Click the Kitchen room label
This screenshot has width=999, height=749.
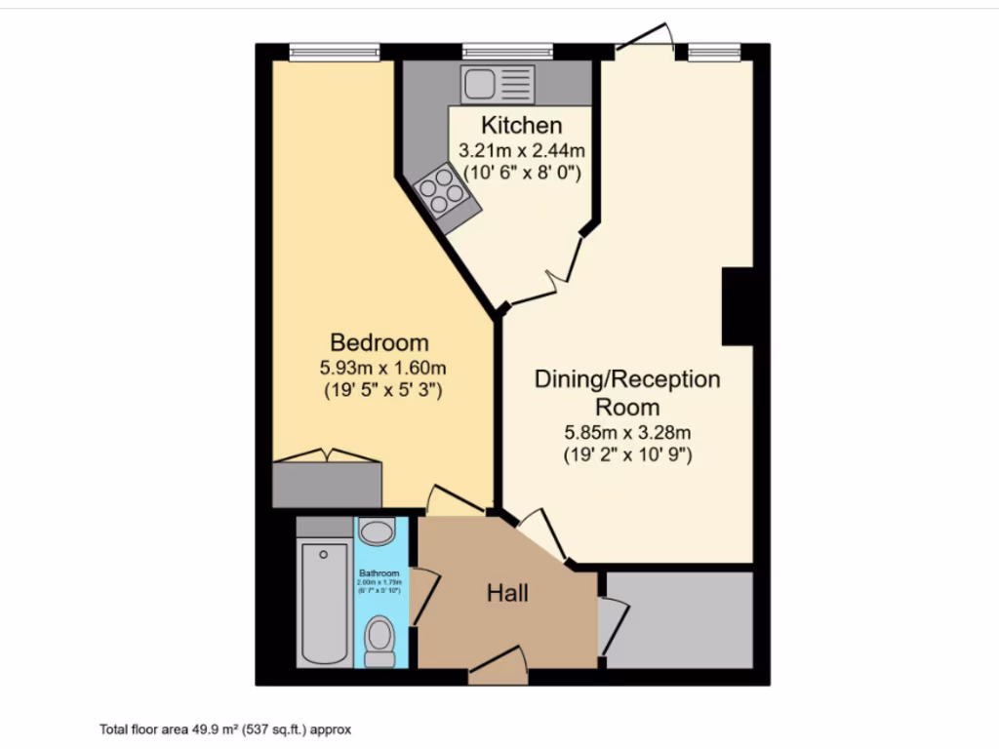(522, 125)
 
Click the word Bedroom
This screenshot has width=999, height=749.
(380, 343)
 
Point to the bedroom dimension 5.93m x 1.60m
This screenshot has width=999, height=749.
(381, 369)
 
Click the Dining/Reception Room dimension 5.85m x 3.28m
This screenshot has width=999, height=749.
(627, 432)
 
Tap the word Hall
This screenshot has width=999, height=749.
(507, 593)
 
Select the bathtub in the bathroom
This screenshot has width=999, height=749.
(324, 602)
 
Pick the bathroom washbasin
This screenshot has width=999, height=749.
(376, 532)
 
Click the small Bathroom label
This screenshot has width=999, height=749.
(379, 572)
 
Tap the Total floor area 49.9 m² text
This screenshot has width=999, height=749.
(224, 729)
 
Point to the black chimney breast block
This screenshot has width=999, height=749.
(738, 306)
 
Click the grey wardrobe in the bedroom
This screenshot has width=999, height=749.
(327, 485)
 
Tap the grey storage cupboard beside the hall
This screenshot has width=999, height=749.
(679, 620)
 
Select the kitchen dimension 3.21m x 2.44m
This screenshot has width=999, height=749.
(522, 151)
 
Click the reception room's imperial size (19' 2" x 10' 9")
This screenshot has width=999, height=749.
(627, 454)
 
